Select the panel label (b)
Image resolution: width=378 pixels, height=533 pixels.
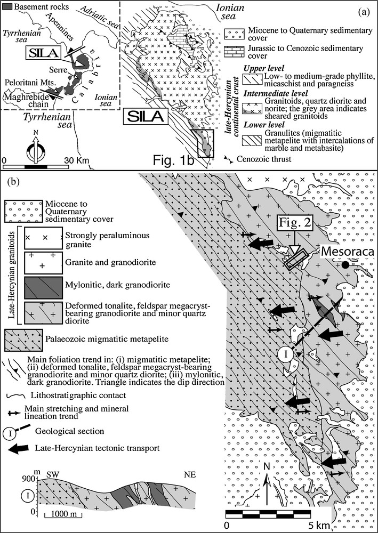14,181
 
